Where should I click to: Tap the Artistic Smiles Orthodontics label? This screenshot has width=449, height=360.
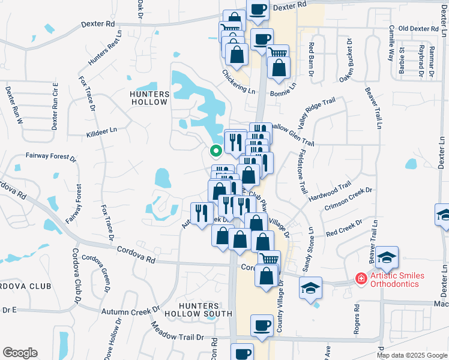(x=397, y=280)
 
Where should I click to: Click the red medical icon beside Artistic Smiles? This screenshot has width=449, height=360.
(x=361, y=278)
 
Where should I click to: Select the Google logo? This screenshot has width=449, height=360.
(x=20, y=352)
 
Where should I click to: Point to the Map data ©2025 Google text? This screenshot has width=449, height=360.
(x=411, y=355)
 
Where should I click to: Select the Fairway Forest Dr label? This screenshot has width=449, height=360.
(x=51, y=157)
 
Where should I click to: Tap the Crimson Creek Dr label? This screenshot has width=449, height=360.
(x=349, y=198)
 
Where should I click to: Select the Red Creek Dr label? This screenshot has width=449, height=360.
(x=344, y=227)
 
